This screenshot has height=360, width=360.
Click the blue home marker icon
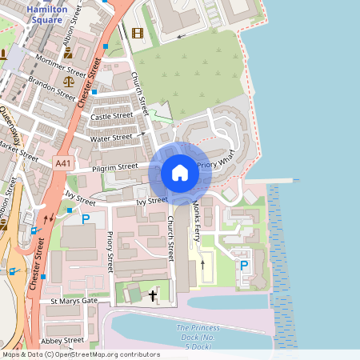point(180,172)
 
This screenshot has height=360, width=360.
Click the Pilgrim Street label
point(114,168)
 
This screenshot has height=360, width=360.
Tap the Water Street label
point(111,138)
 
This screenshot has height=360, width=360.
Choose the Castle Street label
point(111,117)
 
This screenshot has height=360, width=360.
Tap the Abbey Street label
point(63,341)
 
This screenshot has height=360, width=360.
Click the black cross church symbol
point(153,296)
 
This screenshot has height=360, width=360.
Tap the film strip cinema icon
point(138,33)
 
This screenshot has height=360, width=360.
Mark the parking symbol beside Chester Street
point(86,218)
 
